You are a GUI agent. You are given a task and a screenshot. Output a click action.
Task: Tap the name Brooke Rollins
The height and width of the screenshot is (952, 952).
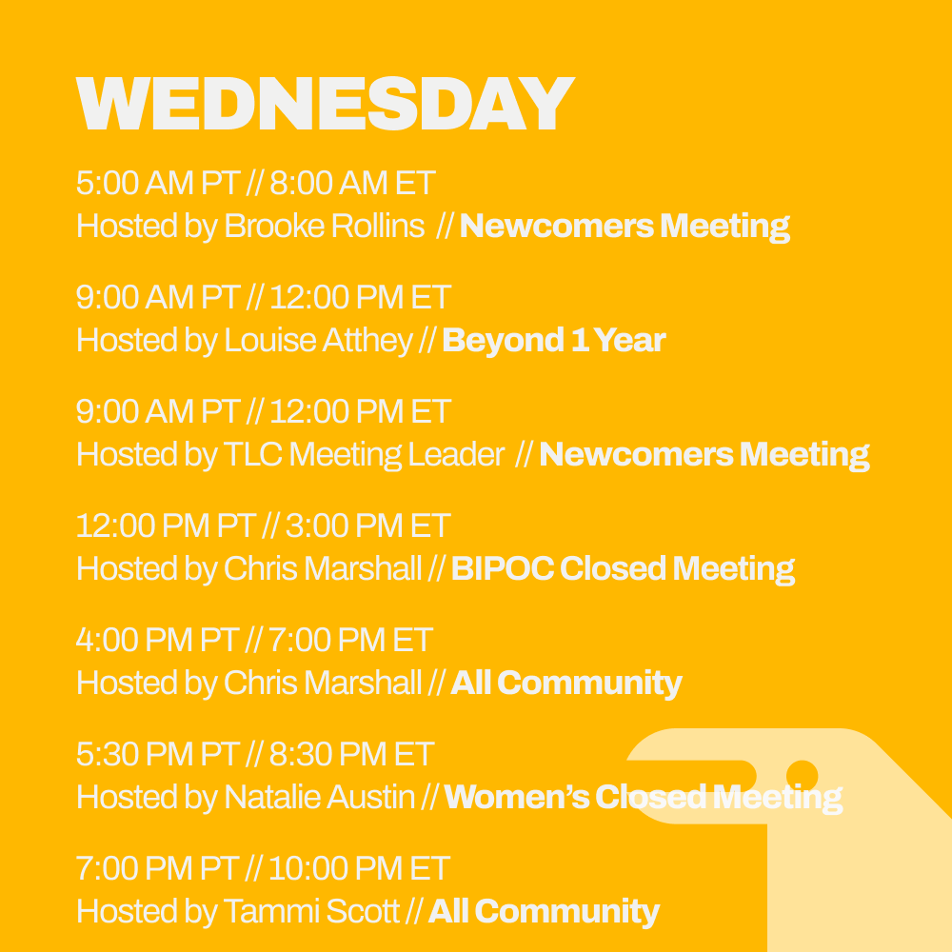[324, 227]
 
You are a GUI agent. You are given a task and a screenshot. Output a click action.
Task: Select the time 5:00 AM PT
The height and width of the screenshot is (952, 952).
[158, 183]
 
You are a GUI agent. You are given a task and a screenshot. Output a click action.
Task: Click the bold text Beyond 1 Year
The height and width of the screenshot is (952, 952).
[554, 341]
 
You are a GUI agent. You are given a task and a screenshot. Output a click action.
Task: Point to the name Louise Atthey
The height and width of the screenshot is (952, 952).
[319, 341]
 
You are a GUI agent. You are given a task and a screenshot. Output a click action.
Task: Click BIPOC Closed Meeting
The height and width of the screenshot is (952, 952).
[623, 569]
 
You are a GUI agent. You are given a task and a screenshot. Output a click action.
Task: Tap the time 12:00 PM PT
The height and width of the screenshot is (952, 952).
[166, 526]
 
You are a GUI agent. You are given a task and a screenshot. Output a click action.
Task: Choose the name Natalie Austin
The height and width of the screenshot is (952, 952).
[319, 798]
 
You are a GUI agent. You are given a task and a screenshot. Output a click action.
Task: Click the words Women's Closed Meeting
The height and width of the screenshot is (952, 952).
[643, 798]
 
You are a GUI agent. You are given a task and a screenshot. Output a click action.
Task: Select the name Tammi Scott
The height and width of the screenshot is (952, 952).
[311, 912]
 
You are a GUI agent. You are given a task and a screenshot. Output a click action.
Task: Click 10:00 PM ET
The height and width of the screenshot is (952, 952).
[359, 868]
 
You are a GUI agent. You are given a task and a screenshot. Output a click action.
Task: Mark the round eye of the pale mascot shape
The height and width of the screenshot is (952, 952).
[803, 774]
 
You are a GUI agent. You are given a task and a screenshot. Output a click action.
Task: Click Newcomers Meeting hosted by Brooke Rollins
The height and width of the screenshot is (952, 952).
[625, 227]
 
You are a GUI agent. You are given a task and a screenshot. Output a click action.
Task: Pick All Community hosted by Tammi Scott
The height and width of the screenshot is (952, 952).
[544, 912]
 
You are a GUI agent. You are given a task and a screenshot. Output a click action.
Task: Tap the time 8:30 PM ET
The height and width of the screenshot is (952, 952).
[351, 754]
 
